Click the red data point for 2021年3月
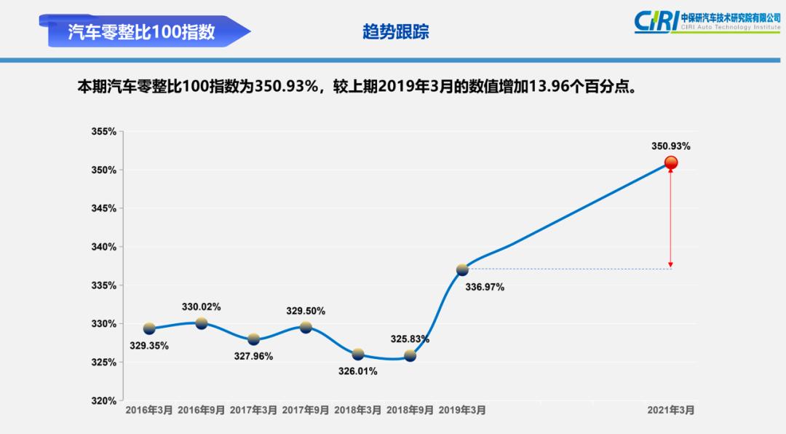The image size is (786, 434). point(670,163)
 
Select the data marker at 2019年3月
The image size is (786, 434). point(462,269)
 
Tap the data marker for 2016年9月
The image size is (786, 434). point(202,323)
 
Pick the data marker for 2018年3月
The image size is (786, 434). point(358,355)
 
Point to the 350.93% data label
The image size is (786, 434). point(670,146)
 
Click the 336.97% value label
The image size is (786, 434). point(485,287)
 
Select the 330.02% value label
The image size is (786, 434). point(201,307)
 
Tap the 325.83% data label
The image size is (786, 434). point(410,339)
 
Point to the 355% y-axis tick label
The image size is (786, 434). point(104,132)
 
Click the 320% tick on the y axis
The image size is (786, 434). point(104,401)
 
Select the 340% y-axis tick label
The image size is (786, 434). point(104,247)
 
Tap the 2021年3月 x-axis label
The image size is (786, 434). point(671,411)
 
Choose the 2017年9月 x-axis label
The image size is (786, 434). point(306,411)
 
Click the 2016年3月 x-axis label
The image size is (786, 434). point(149,411)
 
